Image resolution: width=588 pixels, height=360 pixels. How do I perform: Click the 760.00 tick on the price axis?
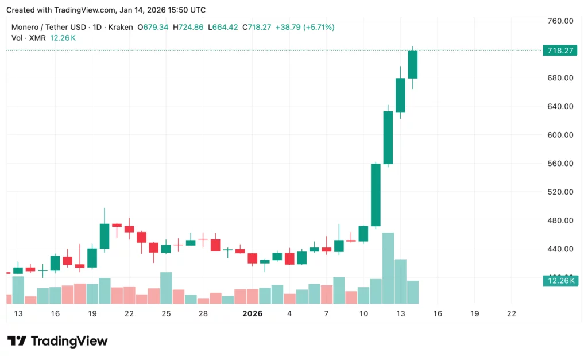(561, 21)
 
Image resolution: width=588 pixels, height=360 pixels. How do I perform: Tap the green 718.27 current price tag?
(559, 51)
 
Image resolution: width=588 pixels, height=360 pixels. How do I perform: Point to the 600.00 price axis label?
(561, 135)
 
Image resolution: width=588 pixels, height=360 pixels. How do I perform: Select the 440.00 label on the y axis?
(561, 249)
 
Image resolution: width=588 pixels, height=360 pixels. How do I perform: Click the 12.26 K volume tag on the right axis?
(559, 280)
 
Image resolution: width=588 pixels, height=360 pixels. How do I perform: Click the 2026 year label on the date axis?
(253, 314)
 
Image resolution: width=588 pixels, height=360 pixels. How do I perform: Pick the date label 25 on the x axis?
(166, 314)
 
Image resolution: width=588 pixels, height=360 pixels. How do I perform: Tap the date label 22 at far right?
(512, 314)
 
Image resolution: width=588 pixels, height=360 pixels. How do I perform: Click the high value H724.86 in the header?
(186, 27)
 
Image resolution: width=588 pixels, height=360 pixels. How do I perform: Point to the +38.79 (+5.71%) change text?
(304, 27)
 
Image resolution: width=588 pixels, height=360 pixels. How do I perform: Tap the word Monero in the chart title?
(26, 27)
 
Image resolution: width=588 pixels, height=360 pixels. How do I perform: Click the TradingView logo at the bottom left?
(57, 341)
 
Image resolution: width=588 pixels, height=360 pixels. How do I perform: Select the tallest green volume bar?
(388, 268)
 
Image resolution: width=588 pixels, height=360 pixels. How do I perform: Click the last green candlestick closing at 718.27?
(412, 64)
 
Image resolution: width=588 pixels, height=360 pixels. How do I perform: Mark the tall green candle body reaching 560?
(376, 195)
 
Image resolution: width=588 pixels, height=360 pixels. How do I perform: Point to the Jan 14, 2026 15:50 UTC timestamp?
(163, 10)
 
